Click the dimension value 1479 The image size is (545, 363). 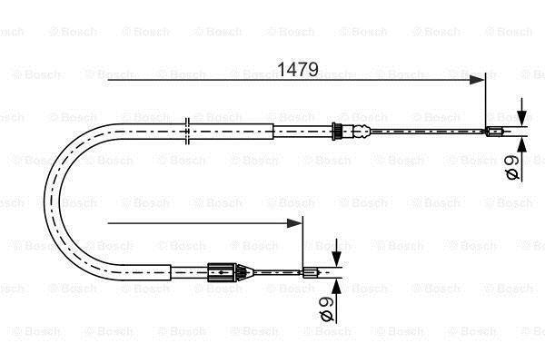coord(298,69)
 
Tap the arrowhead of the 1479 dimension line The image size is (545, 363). coord(477,80)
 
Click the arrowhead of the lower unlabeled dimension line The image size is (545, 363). coord(294,223)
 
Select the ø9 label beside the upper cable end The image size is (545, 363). coord(512,167)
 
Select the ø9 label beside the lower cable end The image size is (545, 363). coord(326,309)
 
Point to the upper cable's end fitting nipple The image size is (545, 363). coord(495,132)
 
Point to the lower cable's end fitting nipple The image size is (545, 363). coord(310,272)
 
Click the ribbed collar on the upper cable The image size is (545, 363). coord(336,132)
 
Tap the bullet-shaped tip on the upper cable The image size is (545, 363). coord(362,132)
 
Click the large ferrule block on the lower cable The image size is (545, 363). coord(222,272)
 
